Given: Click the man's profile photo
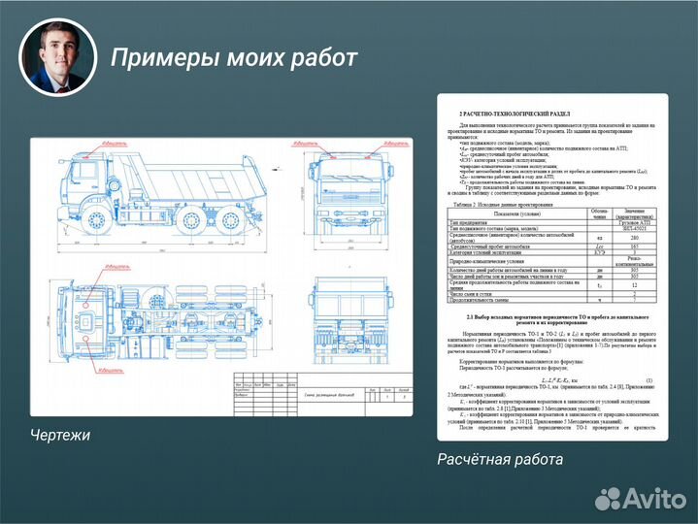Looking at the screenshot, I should click(x=58, y=57).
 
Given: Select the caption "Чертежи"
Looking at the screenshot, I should click(x=60, y=435).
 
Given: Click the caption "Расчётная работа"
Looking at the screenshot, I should click(x=499, y=458).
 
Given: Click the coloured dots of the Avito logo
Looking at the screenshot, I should click(x=609, y=497).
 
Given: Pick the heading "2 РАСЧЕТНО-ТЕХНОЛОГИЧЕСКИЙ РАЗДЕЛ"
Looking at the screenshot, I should click(x=515, y=114).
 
